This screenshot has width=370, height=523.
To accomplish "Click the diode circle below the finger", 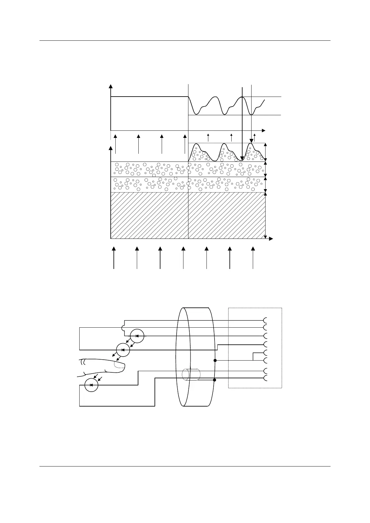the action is click(x=91, y=385).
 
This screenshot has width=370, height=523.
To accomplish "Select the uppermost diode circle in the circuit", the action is click(x=137, y=336).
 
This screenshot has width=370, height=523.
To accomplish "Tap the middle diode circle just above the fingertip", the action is click(x=123, y=350).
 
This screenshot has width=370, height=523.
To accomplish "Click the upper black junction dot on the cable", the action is click(x=215, y=360).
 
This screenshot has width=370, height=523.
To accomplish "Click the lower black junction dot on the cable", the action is click(x=215, y=380).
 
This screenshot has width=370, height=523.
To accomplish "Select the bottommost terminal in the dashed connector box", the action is click(x=265, y=378).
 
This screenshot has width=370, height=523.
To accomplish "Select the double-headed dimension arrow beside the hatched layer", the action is click(x=265, y=215).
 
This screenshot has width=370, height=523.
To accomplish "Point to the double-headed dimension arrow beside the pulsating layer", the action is click(x=265, y=152).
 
